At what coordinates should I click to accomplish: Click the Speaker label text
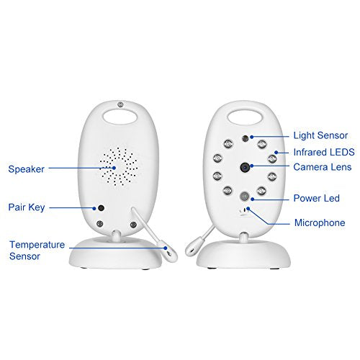click(x=27, y=169)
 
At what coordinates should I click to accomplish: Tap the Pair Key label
click(x=27, y=207)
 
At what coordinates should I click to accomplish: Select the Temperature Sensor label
click(x=37, y=251)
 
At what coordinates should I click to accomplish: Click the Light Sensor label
click(x=320, y=135)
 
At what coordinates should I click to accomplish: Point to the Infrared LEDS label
click(x=324, y=152)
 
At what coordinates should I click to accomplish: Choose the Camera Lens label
click(x=323, y=167)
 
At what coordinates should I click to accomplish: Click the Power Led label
click(x=316, y=198)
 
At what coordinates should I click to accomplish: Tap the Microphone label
click(x=320, y=222)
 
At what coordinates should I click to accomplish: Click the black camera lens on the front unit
click(x=246, y=167)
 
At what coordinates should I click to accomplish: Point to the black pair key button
click(x=102, y=208)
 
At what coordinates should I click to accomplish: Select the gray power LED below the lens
click(x=245, y=196)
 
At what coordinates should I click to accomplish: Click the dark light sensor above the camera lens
click(x=246, y=138)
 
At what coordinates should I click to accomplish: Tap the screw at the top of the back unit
click(x=120, y=104)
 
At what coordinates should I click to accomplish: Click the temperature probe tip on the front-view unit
click(x=192, y=248)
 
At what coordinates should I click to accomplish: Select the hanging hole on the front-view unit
click(x=245, y=117)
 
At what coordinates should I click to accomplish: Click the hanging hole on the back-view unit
click(x=120, y=117)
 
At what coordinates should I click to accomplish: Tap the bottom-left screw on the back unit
click(x=100, y=224)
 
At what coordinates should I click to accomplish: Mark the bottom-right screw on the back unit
click(x=133, y=225)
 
